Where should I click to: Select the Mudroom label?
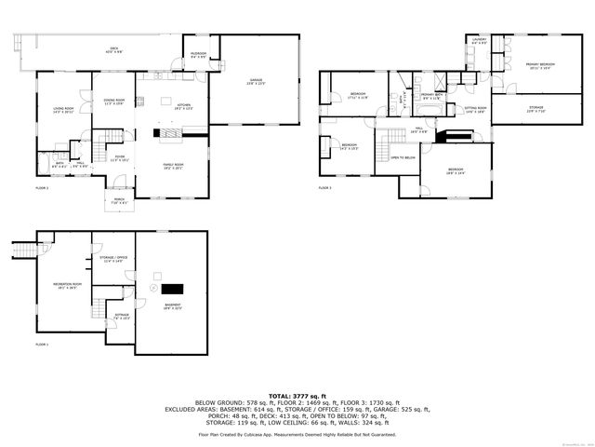(x=198, y=54)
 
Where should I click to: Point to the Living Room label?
(x=63, y=109)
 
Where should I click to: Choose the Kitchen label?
(x=183, y=106)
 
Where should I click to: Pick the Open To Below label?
(x=403, y=158)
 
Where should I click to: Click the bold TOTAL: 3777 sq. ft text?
(x=297, y=396)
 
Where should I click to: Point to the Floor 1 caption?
(x=42, y=345)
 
